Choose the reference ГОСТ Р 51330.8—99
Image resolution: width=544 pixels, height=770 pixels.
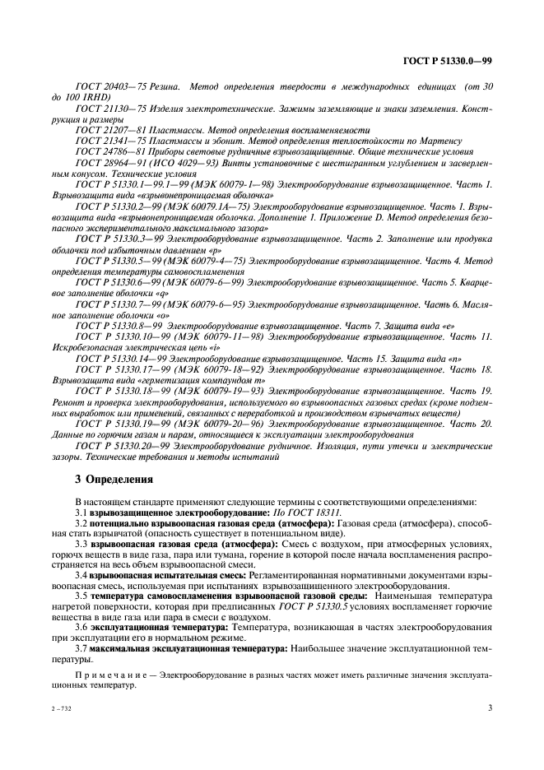(116, 325)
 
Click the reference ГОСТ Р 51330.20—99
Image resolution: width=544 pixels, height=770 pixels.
(119, 445)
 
